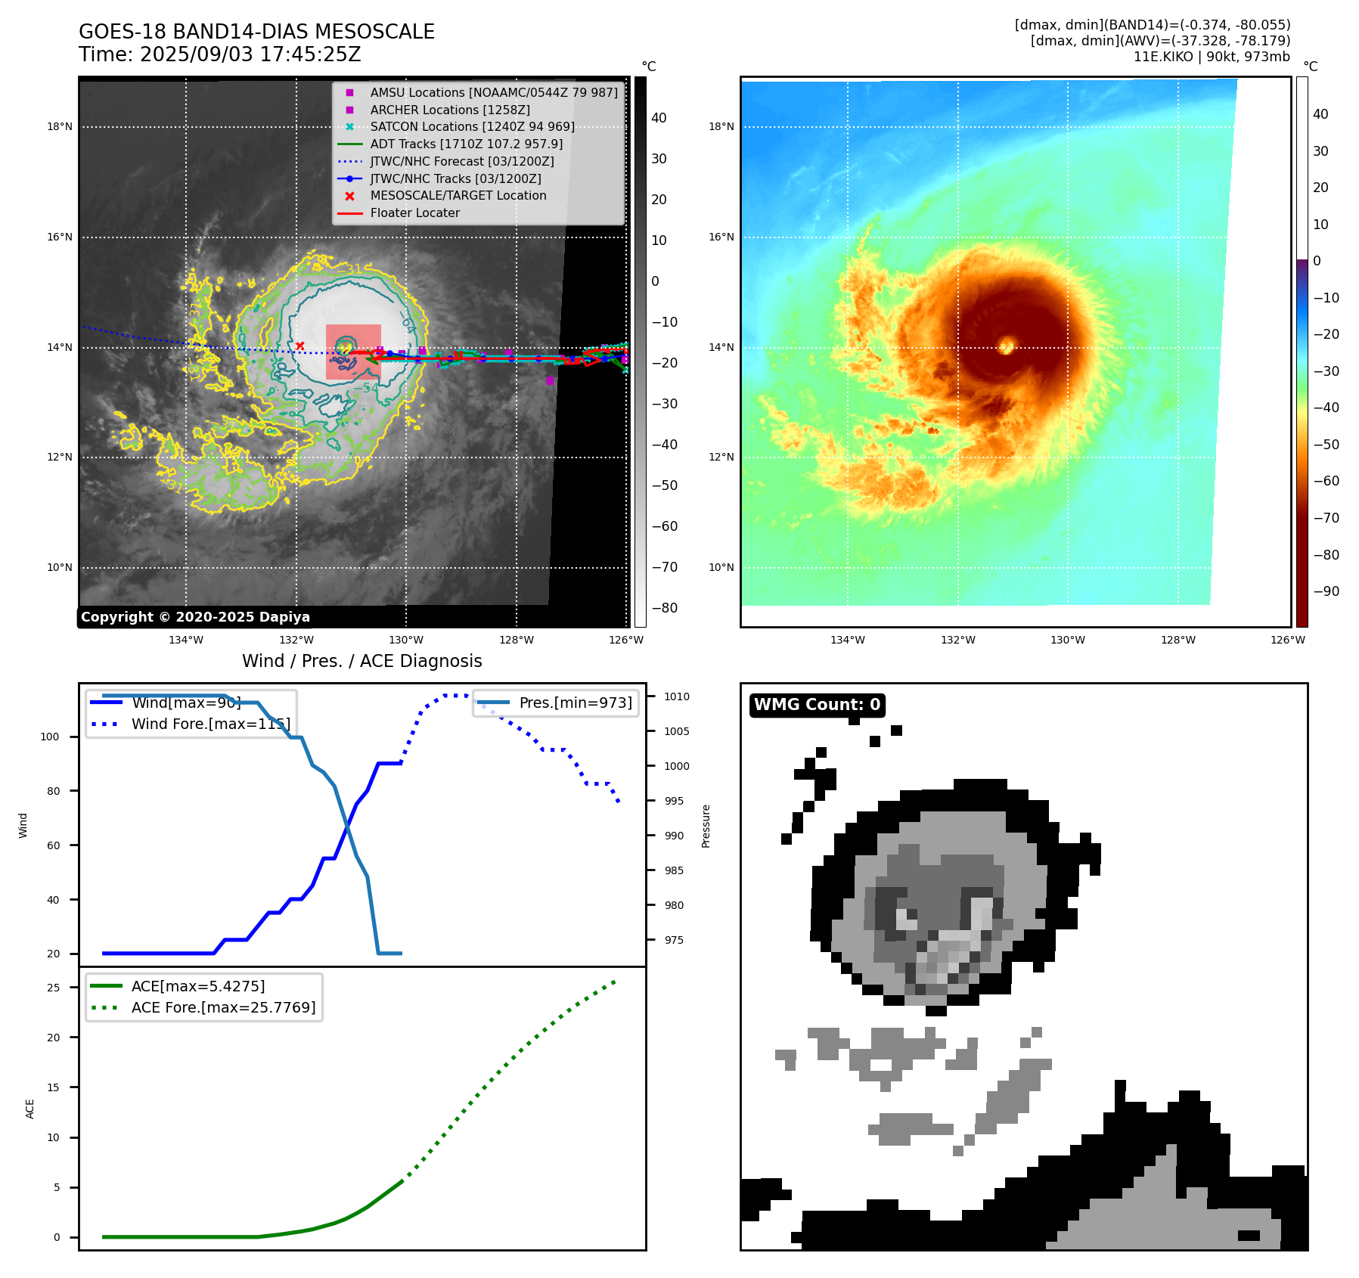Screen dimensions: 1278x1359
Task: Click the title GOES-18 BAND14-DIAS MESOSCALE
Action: tap(256, 32)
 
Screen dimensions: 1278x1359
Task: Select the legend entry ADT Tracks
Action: tap(466, 144)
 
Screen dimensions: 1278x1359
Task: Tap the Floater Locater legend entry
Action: tap(414, 213)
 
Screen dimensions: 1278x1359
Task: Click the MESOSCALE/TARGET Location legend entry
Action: tap(458, 196)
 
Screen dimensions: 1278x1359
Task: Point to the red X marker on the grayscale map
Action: tap(300, 346)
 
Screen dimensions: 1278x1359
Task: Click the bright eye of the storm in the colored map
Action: tap(1006, 346)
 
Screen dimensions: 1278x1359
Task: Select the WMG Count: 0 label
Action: tap(817, 705)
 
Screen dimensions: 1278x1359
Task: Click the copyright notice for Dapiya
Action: tap(195, 617)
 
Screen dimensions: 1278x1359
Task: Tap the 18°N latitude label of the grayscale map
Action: tap(60, 126)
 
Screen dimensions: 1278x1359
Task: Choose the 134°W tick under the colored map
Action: tap(847, 640)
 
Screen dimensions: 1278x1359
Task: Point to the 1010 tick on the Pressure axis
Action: tap(677, 696)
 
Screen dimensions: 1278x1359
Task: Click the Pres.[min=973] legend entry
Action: tap(575, 703)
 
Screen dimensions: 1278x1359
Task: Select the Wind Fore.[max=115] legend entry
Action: tap(210, 724)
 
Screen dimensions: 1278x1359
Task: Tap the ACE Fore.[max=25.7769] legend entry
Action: tap(223, 1008)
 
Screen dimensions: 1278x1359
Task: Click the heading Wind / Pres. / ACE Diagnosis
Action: tap(361, 661)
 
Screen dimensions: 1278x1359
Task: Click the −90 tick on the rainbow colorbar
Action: tap(1326, 591)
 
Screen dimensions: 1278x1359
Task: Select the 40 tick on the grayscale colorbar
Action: tap(659, 118)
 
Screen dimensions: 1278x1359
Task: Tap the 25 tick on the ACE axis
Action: tap(53, 988)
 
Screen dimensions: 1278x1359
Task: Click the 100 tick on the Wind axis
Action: tap(49, 737)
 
